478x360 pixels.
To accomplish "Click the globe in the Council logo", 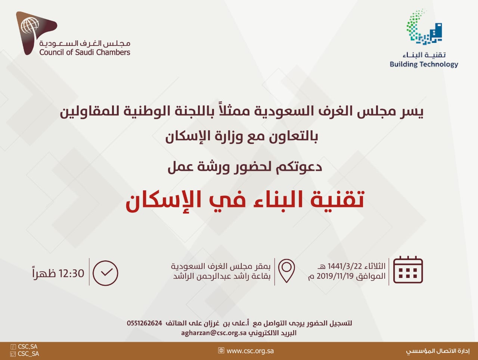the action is (30, 25).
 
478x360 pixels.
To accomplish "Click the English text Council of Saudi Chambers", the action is (85, 53).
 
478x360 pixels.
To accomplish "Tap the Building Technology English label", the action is (424, 65).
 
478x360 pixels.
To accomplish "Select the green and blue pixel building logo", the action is (424, 27).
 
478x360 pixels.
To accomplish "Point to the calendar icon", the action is (408, 270).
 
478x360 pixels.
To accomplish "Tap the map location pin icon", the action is (286, 271).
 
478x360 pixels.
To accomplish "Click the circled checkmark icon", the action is (105, 273).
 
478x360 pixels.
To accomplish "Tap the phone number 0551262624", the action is (145, 323).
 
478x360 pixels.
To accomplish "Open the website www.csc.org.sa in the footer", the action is (250, 351).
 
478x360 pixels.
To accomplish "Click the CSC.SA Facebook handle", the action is (28, 347).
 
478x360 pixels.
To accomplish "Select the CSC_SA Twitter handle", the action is (28, 354).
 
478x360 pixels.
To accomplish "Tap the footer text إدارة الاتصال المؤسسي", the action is (438, 351).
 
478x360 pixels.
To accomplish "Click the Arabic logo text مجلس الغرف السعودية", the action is (85, 43).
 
